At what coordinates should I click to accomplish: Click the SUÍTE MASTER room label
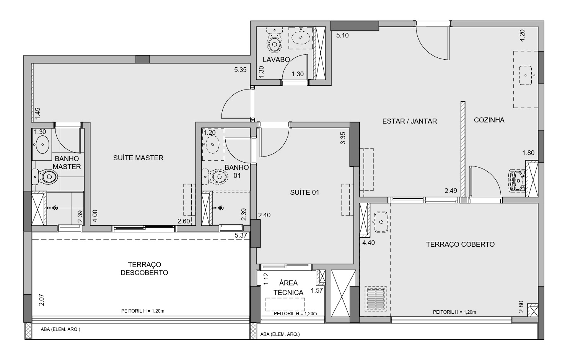coord(138,158)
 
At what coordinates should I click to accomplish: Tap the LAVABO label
coord(276,60)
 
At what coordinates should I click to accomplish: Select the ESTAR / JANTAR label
coord(410,121)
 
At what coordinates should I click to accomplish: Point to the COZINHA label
coord(489,120)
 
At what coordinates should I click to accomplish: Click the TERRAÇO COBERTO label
coord(460,244)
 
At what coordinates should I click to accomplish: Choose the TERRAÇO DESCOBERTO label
coord(144,269)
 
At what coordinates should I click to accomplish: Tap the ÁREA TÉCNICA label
coord(288,288)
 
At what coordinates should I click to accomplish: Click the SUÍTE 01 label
coord(305,192)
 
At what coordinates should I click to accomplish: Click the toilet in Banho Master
coord(45,177)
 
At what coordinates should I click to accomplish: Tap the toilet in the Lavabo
coord(274,40)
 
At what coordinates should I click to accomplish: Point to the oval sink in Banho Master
coord(42,145)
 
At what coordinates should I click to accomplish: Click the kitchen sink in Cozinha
coord(525,75)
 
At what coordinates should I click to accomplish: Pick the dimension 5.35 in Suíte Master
coord(240,70)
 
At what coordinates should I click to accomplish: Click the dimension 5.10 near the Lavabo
coord(342,35)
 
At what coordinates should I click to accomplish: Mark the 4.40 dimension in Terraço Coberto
coord(368,243)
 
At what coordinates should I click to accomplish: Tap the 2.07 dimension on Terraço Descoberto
coord(42,300)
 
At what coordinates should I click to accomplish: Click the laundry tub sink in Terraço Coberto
coord(381,222)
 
